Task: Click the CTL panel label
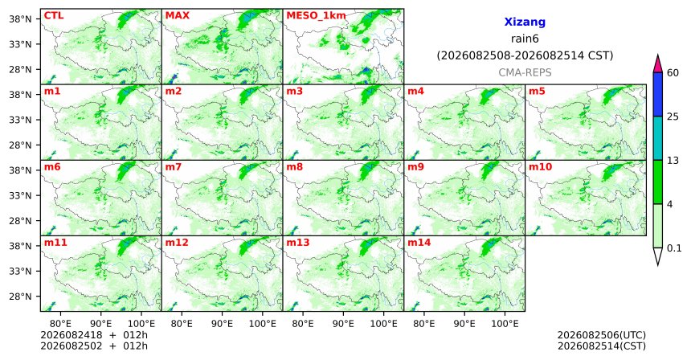[54, 15]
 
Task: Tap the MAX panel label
[177, 15]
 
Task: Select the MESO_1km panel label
[316, 16]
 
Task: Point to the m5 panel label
[537, 92]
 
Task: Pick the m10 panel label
[540, 167]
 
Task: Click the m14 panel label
[419, 243]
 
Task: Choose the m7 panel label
[174, 167]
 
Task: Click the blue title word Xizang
[525, 22]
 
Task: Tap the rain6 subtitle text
[525, 39]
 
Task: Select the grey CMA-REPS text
[525, 72]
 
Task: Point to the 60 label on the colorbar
[673, 72]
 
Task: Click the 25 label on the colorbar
[673, 117]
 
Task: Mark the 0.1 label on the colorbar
[674, 248]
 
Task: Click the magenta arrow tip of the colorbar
[658, 55]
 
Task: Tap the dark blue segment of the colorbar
[658, 94]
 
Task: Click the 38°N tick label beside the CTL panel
[20, 19]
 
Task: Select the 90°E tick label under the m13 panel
[343, 325]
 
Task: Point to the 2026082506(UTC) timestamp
[602, 336]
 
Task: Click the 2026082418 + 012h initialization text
[94, 336]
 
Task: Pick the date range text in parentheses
[525, 56]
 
